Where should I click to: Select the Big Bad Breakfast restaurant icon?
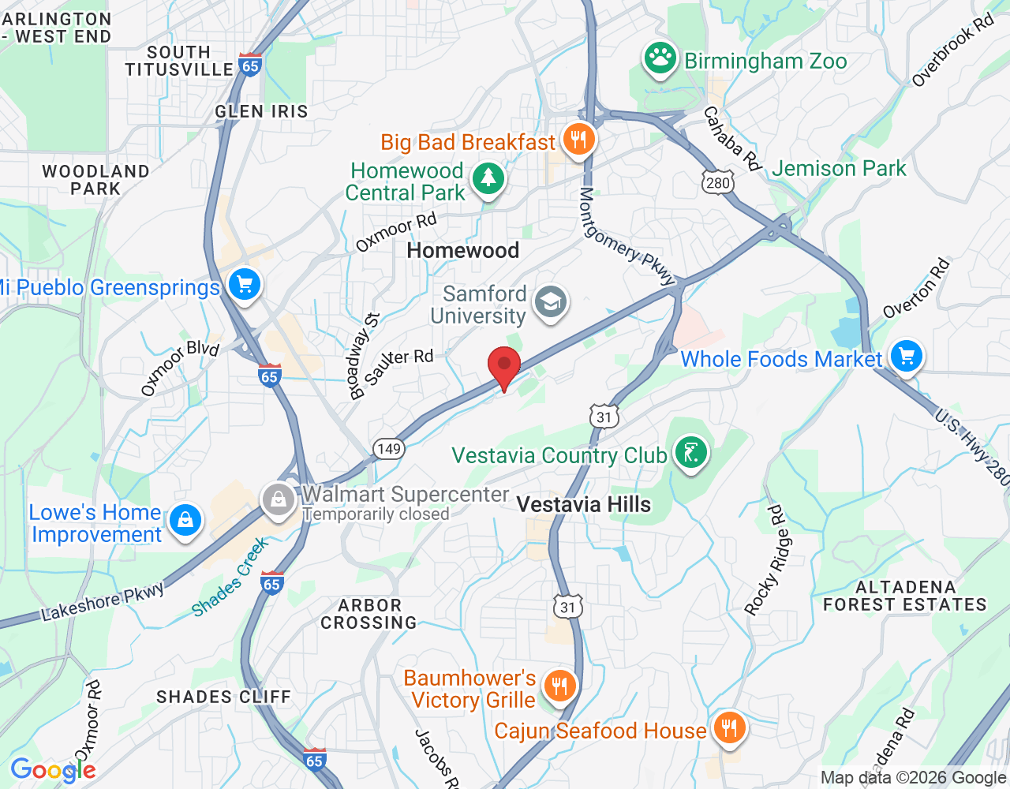(x=579, y=140)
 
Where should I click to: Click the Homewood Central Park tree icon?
(x=488, y=178)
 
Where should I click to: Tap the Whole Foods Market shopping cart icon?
(x=906, y=357)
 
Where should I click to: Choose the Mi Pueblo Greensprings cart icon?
(x=244, y=285)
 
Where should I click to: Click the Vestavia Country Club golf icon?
(x=691, y=454)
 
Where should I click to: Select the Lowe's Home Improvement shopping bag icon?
(x=185, y=521)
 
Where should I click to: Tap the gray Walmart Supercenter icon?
(x=279, y=499)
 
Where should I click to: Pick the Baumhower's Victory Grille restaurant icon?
(x=560, y=685)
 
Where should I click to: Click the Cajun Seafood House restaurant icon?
(x=729, y=728)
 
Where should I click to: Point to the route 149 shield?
(x=389, y=449)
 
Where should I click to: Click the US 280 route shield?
(x=717, y=183)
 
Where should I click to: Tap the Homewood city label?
(x=463, y=251)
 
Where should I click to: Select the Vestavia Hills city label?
(x=584, y=505)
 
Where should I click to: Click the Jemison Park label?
(x=839, y=169)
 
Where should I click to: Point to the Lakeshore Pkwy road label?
(x=103, y=601)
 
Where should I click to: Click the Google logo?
(x=53, y=770)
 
